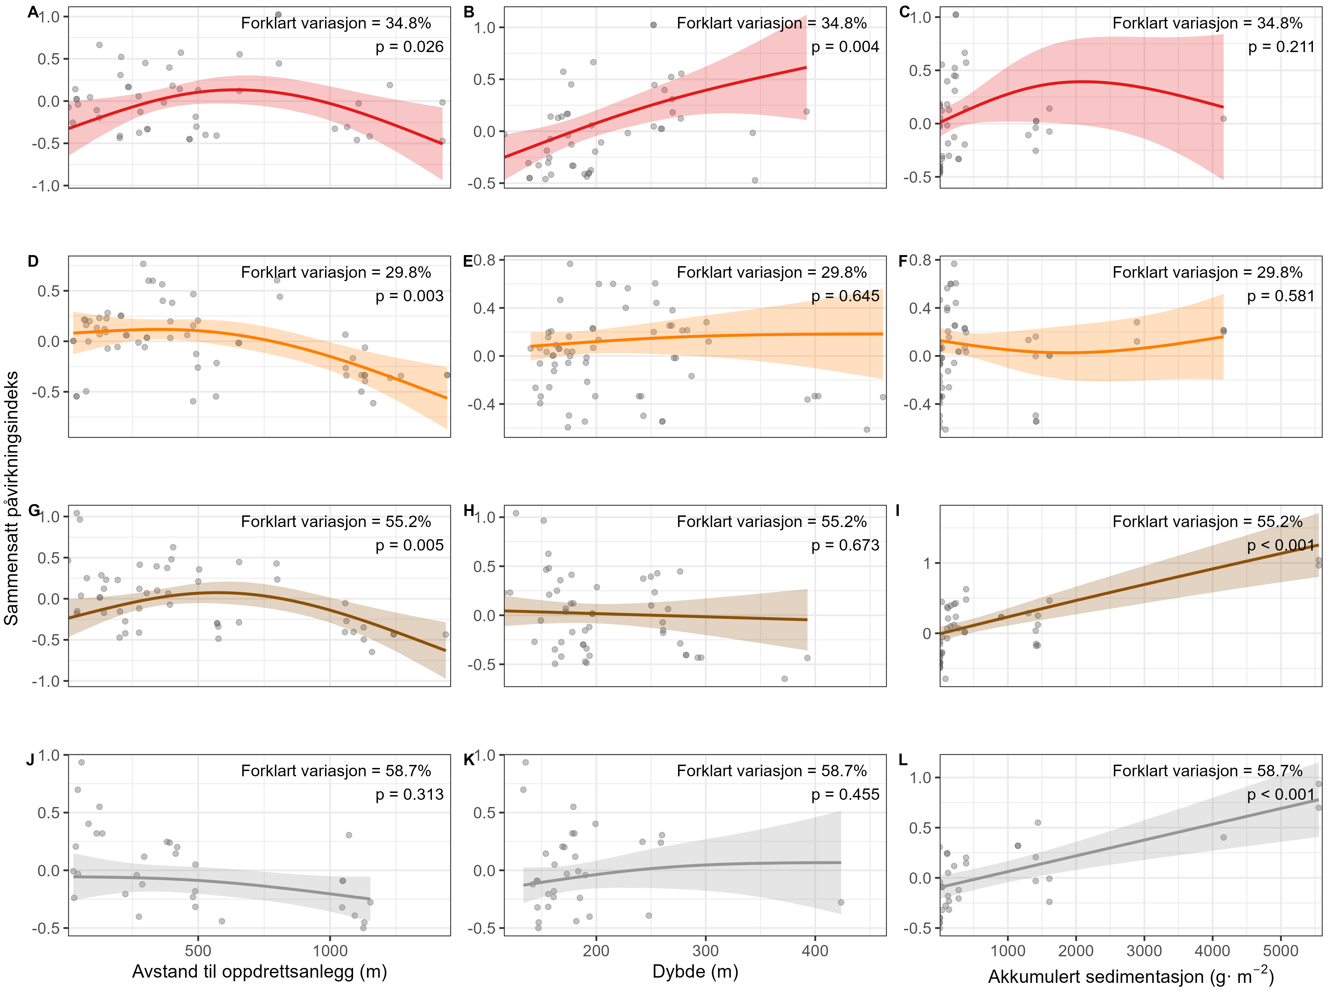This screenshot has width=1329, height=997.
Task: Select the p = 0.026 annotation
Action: [409, 47]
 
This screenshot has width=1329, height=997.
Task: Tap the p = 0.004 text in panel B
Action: [845, 47]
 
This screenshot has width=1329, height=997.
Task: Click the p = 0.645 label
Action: [845, 296]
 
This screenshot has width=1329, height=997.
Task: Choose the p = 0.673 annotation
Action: [845, 545]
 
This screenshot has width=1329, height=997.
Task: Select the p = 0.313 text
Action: [409, 795]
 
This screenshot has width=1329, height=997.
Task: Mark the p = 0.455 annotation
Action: [845, 795]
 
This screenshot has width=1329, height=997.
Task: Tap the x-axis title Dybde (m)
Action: [695, 972]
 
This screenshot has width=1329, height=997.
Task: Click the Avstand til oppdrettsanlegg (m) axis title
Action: [259, 972]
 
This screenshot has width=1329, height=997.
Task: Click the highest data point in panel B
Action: [653, 25]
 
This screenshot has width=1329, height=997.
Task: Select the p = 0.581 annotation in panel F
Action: [1280, 296]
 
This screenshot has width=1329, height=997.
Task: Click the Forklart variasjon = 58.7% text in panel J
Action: [336, 771]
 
